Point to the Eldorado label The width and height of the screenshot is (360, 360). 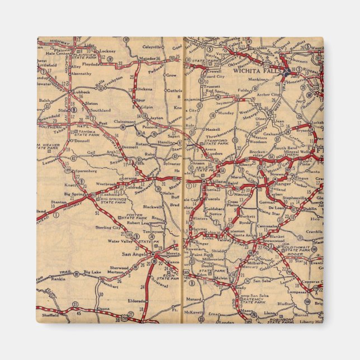(x=137, y=300)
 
